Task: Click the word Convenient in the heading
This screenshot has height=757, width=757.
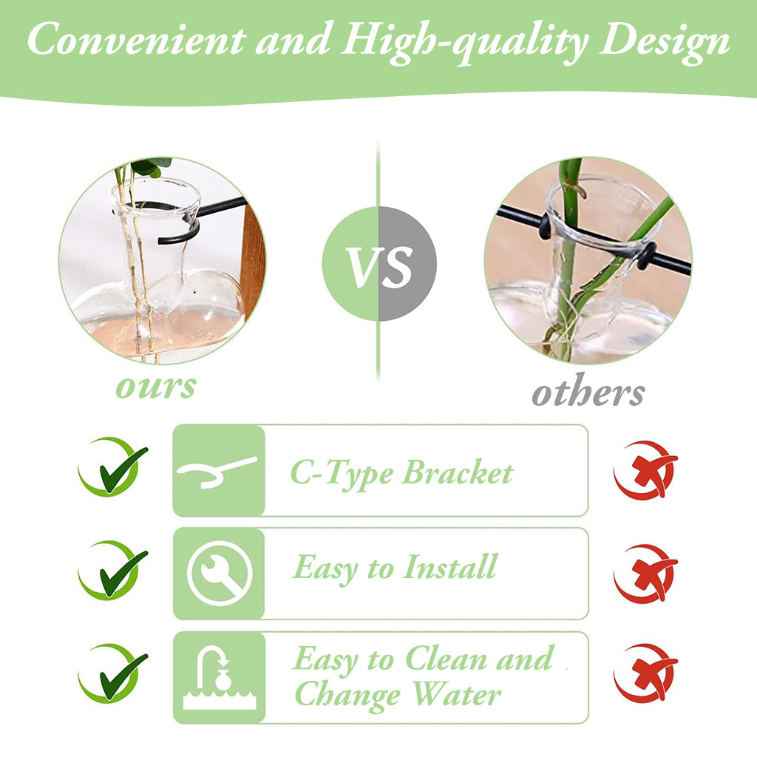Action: point(137,39)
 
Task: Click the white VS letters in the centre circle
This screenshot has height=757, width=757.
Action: point(380,266)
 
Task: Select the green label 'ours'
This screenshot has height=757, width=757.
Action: point(156,387)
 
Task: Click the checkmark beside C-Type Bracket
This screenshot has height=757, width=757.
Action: point(113,467)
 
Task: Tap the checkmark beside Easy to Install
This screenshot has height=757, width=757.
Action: point(113,571)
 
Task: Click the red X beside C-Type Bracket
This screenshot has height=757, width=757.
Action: point(645,470)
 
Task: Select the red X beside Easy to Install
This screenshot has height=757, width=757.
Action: point(645,574)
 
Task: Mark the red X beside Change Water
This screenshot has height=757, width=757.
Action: point(645,673)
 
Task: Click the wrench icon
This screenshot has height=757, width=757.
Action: point(220,573)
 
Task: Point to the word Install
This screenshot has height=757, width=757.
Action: point(449,566)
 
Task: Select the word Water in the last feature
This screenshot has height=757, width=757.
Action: point(457,695)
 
